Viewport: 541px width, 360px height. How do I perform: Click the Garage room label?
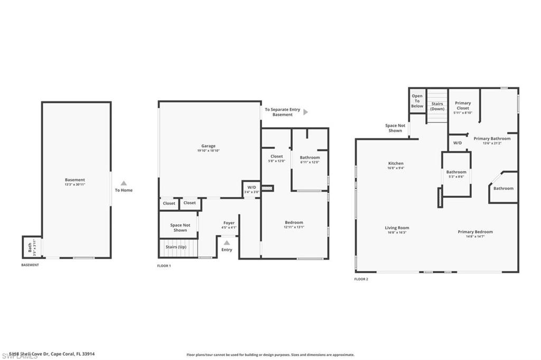pyautogui.click(x=208, y=146)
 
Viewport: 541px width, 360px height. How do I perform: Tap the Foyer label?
pyautogui.click(x=228, y=223)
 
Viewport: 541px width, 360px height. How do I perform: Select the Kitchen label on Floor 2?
pyautogui.click(x=396, y=164)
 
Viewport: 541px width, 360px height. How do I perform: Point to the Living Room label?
pyautogui.click(x=397, y=228)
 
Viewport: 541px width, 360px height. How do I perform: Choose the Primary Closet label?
pyautogui.click(x=463, y=106)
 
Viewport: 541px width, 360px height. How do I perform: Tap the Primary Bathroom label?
pyautogui.click(x=492, y=139)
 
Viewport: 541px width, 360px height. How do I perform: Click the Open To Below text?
pyautogui.click(x=417, y=101)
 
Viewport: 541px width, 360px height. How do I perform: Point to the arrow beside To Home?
pyautogui.click(x=124, y=183)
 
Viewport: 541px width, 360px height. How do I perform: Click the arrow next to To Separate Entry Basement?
pyautogui.click(x=305, y=112)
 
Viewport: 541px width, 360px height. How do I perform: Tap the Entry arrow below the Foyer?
pyautogui.click(x=226, y=242)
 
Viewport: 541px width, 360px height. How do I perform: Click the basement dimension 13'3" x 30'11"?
pyautogui.click(x=75, y=184)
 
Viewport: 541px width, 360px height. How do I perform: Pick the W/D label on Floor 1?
pyautogui.click(x=251, y=187)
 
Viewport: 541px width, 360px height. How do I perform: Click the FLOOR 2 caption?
pyautogui.click(x=361, y=279)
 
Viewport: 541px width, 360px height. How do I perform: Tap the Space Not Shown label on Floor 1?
pyautogui.click(x=180, y=228)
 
